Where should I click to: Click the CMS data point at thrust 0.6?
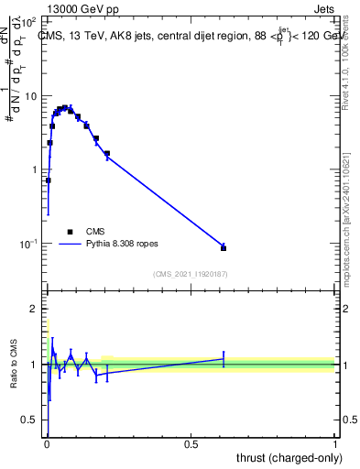click(x=224, y=247)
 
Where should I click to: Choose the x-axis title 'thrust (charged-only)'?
click(x=287, y=457)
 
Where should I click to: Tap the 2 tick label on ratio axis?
click(x=35, y=309)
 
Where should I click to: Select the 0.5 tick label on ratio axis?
click(x=31, y=421)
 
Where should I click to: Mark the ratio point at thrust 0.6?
click(x=224, y=359)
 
